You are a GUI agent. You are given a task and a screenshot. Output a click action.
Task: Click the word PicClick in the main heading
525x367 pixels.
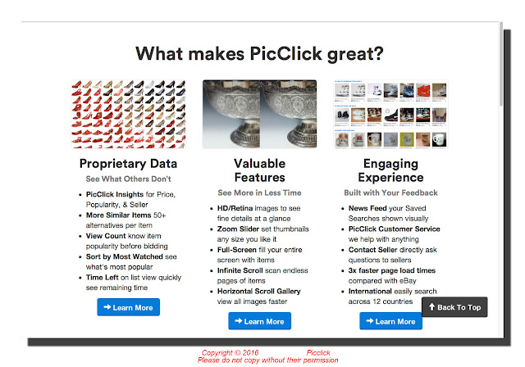tap(286, 53)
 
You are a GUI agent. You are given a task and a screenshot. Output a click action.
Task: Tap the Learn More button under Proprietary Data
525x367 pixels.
tap(129, 307)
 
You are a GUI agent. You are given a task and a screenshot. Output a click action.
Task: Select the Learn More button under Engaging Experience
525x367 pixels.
tap(390, 321)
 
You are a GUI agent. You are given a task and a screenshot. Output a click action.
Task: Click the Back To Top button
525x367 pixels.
tap(454, 307)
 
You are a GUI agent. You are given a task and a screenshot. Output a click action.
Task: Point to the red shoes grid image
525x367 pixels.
tap(128, 114)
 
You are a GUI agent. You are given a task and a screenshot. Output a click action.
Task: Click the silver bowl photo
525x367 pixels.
tap(259, 114)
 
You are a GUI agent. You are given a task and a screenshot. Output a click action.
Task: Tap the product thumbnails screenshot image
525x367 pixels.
tap(390, 114)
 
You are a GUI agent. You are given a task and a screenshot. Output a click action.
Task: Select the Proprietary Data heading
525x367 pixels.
tap(128, 164)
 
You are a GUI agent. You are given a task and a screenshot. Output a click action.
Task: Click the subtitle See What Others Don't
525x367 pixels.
tap(128, 179)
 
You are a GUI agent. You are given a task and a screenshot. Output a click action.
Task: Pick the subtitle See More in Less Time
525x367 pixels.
tap(259, 193)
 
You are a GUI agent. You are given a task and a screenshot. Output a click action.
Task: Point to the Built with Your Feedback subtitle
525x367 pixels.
tap(390, 193)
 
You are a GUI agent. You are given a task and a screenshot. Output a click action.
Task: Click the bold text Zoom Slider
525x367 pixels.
tap(238, 229)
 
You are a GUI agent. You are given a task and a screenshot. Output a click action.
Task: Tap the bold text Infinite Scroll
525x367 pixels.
tap(239, 270)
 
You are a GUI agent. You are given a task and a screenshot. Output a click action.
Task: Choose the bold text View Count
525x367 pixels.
tap(106, 236)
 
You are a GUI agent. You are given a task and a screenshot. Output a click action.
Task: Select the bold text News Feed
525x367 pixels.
tap(367, 208)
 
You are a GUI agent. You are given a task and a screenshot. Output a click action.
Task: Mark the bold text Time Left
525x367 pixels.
tap(102, 278)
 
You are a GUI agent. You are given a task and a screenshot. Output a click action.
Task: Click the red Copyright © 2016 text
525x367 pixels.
tap(230, 352)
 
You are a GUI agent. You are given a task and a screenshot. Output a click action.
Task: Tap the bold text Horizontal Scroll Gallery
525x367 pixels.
tap(259, 291)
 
